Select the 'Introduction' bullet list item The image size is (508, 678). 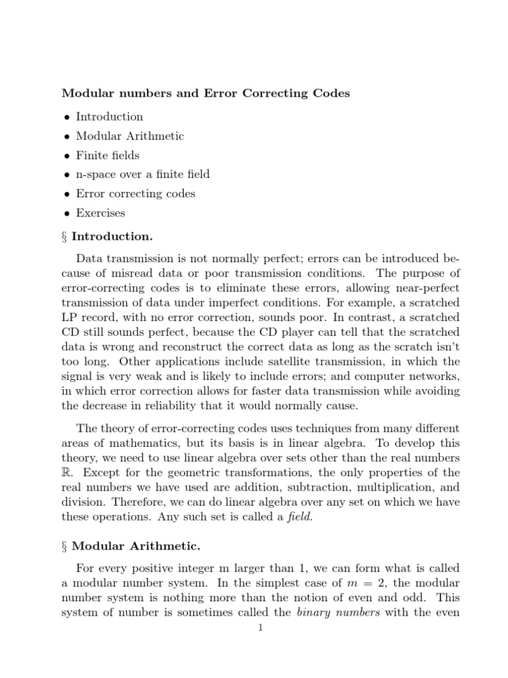(109, 117)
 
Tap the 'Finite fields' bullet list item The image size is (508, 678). (107, 156)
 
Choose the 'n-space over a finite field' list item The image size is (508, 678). (142, 175)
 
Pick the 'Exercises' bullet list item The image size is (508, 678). (101, 213)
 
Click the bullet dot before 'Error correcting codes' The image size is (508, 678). (66, 194)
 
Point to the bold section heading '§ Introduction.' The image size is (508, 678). (107, 236)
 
